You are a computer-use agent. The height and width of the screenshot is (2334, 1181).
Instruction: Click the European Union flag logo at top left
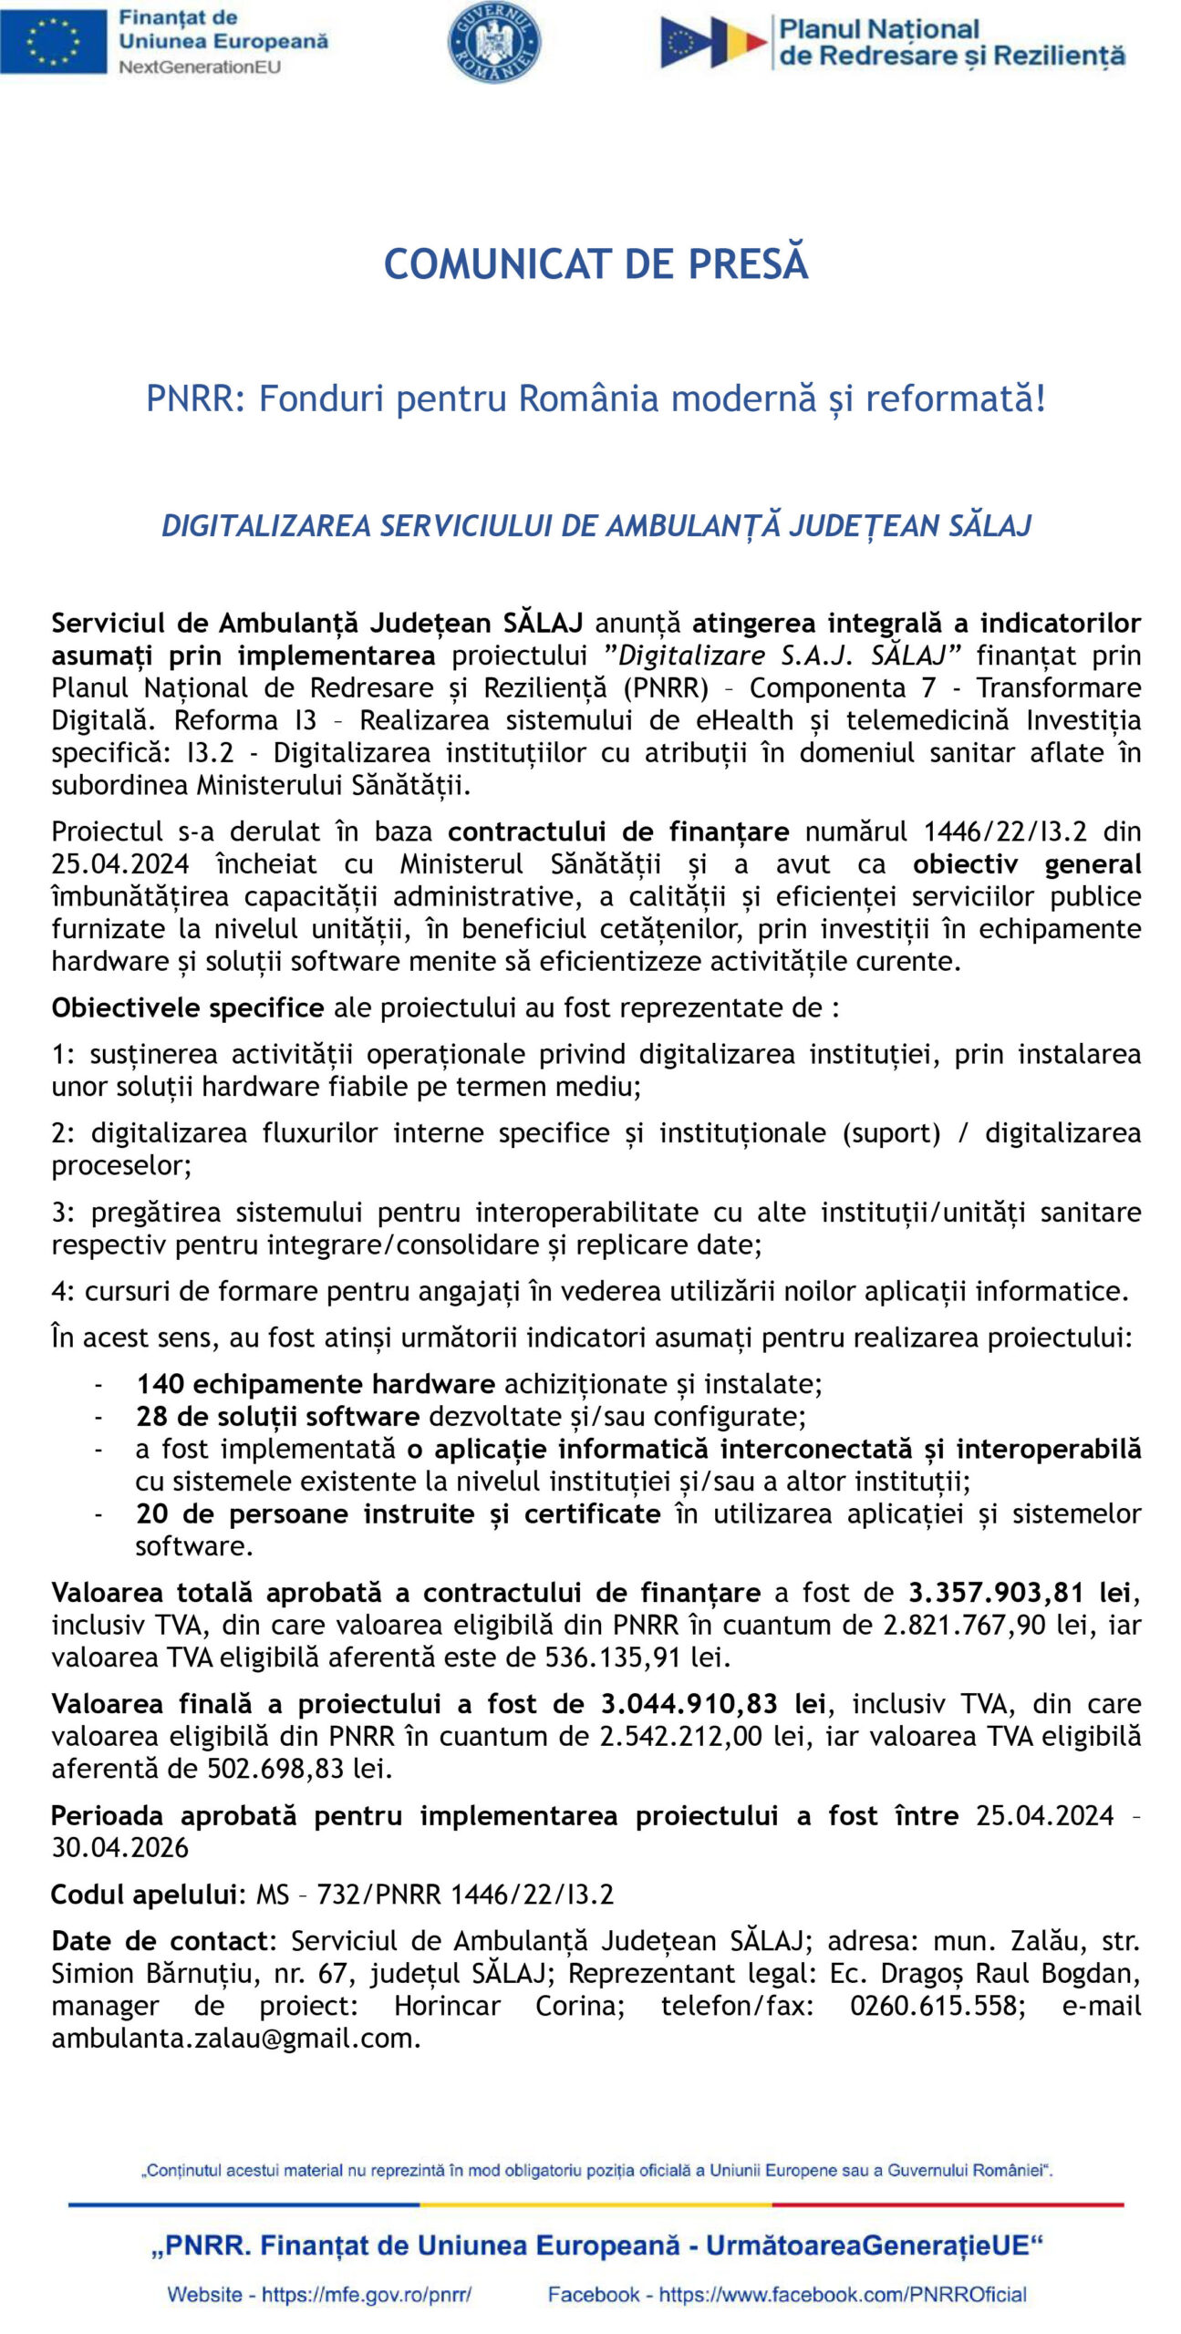tap(53, 41)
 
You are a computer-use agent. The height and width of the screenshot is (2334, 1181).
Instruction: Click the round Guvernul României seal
tap(493, 42)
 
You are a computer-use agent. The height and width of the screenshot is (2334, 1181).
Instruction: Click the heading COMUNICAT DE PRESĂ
tap(596, 264)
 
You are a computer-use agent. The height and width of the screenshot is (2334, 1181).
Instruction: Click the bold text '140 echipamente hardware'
tap(316, 1384)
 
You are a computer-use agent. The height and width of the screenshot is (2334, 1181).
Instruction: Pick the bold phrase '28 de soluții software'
tap(277, 1416)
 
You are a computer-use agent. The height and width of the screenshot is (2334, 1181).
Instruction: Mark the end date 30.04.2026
tap(119, 1848)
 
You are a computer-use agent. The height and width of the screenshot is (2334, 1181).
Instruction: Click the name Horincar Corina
tap(509, 2006)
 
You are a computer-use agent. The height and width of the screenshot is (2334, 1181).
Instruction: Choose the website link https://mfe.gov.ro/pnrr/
tap(366, 2294)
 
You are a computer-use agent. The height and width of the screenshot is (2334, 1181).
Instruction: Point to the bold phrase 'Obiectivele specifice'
tap(187, 1007)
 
